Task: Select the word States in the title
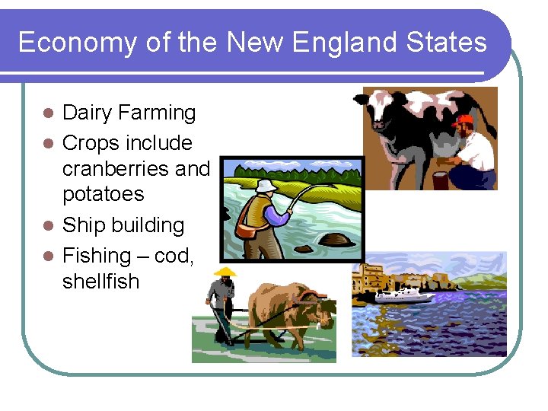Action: [x=448, y=42]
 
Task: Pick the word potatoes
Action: [x=103, y=194]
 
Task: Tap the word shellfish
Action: [x=100, y=282]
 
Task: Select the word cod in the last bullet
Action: [x=174, y=256]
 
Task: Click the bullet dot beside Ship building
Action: [x=48, y=226]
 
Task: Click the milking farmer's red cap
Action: [x=462, y=120]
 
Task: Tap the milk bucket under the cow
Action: [x=439, y=180]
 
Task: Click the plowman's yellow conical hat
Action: [x=225, y=271]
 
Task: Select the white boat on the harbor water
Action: [x=403, y=295]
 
